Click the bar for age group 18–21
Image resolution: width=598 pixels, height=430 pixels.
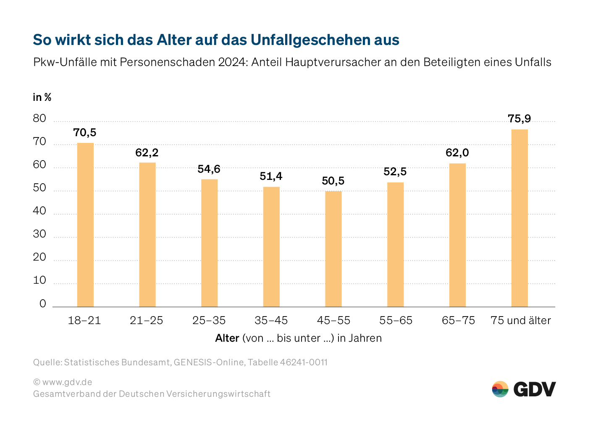pos(85,225)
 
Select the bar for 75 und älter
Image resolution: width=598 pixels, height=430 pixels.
pos(519,218)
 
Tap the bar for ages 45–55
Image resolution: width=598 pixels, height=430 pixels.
pos(333,249)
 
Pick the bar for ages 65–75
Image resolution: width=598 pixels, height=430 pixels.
pos(457,235)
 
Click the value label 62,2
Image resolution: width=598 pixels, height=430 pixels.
pos(147,153)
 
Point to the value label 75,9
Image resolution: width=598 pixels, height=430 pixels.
pos(519,119)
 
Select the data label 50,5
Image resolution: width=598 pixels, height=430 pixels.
pos(333,181)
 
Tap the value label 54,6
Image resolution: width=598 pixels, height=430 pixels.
pos(209,169)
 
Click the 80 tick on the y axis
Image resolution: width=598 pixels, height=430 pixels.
pos(39,119)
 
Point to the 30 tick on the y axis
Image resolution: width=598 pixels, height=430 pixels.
pos(39,234)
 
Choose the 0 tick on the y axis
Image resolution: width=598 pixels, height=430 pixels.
pos(42,303)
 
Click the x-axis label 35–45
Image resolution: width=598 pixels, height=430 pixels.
pos(271,320)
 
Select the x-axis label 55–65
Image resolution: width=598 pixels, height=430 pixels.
pos(396,320)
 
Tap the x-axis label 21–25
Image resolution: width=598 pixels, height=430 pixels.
pos(147,320)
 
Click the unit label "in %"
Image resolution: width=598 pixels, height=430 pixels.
pos(42,98)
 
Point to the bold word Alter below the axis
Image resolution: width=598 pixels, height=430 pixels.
pos(227,338)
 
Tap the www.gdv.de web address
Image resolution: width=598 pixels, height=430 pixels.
pos(67,382)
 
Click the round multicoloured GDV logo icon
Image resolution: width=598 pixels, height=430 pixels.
pos(500,389)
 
